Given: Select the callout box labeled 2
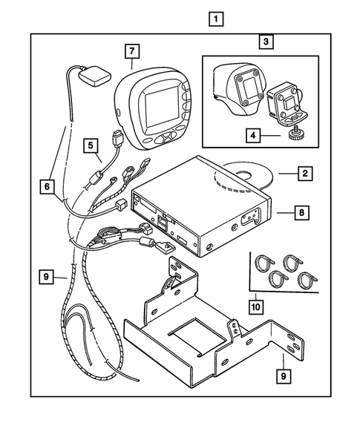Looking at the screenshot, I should pos(304,175).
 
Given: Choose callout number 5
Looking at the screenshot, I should pos(91,147).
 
